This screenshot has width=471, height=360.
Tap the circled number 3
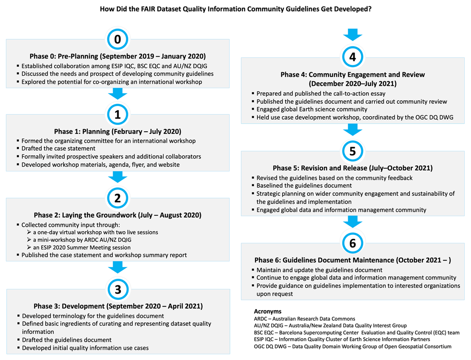point(117,290)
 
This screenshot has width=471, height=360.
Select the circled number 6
point(352,243)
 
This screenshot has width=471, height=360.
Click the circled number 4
point(352,57)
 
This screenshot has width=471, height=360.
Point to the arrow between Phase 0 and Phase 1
point(117,93)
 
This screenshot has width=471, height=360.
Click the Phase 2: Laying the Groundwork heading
point(117,215)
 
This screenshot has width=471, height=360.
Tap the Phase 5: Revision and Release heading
point(352,168)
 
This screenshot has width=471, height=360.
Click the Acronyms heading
point(268,311)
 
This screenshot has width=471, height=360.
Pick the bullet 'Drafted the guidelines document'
point(67,340)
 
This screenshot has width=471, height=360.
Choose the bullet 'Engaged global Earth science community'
point(312,109)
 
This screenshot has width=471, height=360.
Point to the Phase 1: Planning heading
point(117,132)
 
